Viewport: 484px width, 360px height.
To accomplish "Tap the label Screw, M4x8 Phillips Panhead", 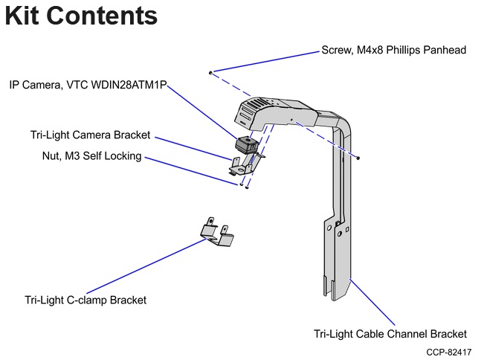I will click(393, 51).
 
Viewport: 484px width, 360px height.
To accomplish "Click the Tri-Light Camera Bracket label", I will click(90, 135).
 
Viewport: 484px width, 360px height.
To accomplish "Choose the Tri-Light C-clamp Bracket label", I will click(85, 300).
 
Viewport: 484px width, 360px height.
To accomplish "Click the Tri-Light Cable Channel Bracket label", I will click(390, 334).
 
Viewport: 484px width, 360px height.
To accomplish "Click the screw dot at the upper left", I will click(211, 73).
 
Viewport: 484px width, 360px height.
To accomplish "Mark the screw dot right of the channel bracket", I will click(358, 158).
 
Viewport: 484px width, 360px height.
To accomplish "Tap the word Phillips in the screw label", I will click(406, 51).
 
